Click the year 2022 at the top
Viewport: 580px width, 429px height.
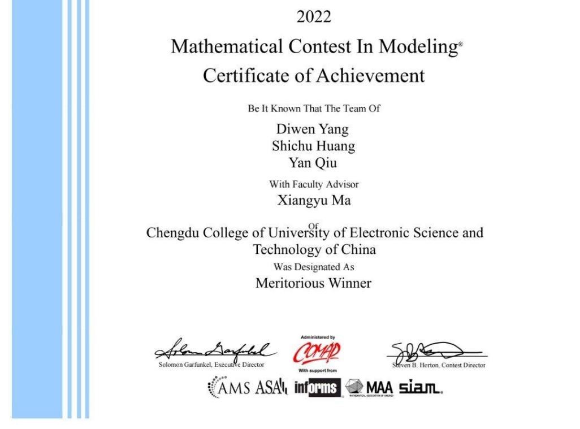coord(314,18)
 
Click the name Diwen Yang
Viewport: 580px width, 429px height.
coord(313,129)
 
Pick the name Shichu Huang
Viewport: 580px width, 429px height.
coord(313,146)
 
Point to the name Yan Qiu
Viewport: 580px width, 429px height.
coord(313,163)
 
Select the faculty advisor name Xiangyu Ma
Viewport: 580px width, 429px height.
coord(314,200)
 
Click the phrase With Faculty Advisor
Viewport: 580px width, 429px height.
coord(314,184)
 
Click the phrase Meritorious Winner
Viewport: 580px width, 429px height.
coord(313,283)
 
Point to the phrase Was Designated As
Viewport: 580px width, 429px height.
coord(313,267)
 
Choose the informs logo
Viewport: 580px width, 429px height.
coord(317,388)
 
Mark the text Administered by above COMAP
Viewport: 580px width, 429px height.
coord(317,337)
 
